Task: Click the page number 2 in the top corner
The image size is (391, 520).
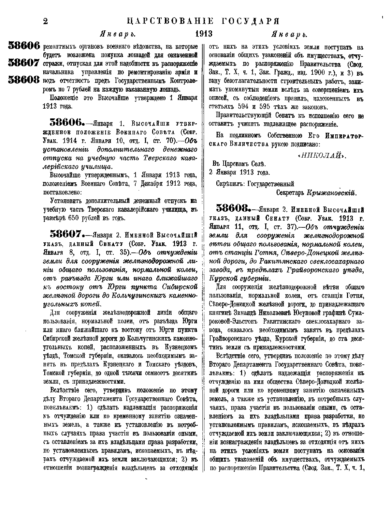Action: point(46,22)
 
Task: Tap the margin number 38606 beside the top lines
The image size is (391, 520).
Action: point(23,46)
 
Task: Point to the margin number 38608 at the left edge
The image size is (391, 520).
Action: point(23,80)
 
